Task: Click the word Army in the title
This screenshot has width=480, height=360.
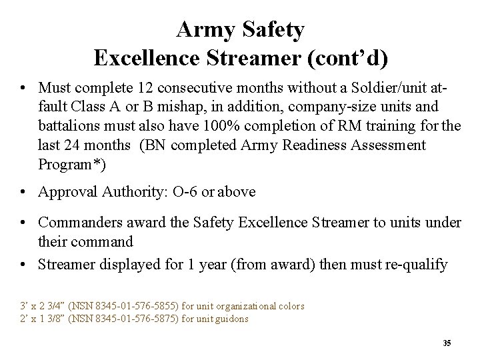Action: click(x=203, y=29)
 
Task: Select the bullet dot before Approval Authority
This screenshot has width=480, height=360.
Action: click(x=23, y=192)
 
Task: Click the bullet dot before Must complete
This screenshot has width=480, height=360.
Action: click(x=23, y=88)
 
